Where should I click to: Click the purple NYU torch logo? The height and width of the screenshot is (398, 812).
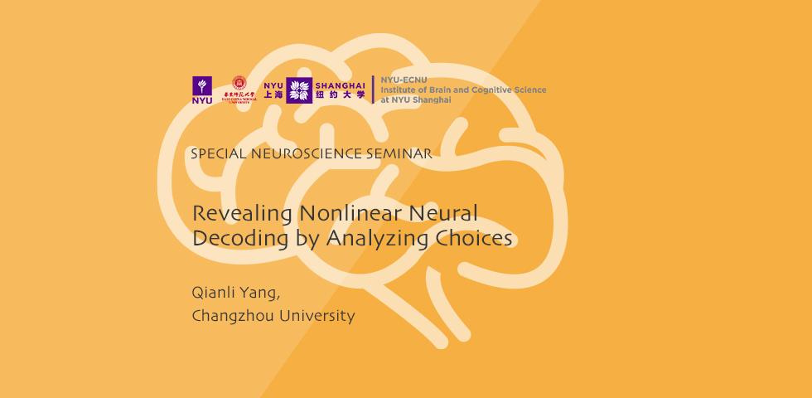click(201, 90)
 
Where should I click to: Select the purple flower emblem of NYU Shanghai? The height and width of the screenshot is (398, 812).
click(298, 90)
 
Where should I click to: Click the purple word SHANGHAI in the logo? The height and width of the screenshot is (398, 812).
click(339, 84)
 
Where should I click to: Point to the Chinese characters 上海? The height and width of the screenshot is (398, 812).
click(273, 95)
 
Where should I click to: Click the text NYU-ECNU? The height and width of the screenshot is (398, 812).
click(399, 80)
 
